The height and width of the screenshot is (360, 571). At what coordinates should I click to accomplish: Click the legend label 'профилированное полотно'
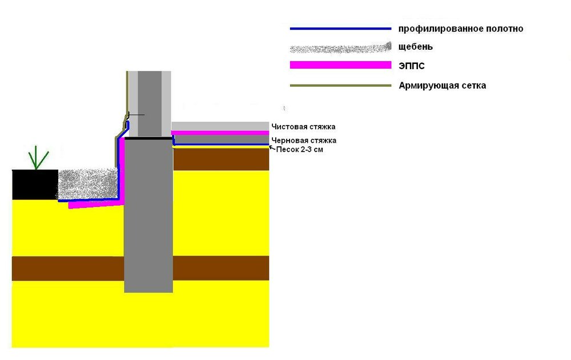pos(461,29)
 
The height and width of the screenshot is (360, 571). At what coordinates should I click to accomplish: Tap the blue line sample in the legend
pos(340,29)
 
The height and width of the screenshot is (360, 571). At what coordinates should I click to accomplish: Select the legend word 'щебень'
pos(416,47)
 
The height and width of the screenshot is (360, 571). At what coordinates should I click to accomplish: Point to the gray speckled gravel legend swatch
pos(340,48)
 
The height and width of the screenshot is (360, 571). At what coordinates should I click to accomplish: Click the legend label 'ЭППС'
pos(412,66)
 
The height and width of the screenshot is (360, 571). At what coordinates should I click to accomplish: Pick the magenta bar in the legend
pos(340,65)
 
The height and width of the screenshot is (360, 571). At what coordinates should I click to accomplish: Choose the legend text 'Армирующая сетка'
pos(443,86)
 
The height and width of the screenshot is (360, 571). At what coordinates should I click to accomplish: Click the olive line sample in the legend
pos(340,86)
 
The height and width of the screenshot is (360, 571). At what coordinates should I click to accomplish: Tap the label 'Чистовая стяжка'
pos(303,127)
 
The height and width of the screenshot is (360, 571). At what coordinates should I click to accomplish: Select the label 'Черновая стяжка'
pos(304,140)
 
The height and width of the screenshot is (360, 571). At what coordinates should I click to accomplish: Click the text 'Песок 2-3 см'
pos(299,149)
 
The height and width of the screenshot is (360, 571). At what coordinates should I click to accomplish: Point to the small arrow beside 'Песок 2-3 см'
pos(272,147)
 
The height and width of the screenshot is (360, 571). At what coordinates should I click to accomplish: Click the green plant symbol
pos(38,158)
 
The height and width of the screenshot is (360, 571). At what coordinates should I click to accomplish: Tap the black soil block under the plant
pos(35,185)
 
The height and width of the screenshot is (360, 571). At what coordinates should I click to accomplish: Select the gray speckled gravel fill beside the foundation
pos(88,184)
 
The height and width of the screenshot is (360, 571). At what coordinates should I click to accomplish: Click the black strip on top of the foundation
pos(148,138)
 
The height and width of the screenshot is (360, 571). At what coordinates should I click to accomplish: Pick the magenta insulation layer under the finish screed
pos(220,133)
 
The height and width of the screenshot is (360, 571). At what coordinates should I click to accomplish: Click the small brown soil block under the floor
pos(221,159)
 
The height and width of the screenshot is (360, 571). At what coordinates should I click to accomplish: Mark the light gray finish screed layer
pos(220,126)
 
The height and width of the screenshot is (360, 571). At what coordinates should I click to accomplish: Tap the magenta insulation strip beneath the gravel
pos(96,205)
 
